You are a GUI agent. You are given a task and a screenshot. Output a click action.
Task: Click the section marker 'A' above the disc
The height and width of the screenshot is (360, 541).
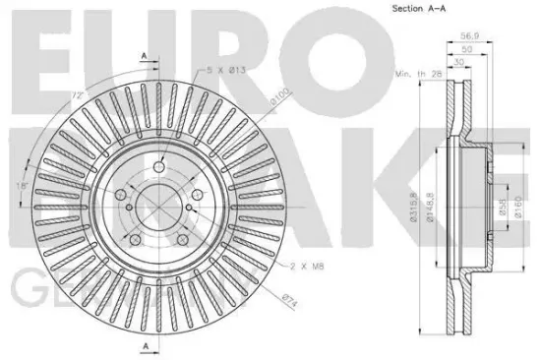point(145,58)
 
